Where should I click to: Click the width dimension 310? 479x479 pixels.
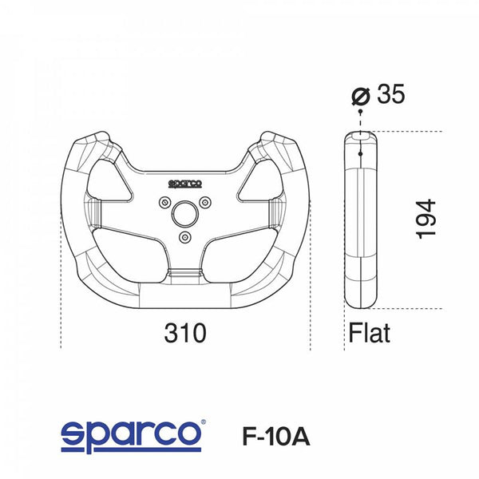click(x=184, y=331)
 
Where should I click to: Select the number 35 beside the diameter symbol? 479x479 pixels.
click(x=390, y=94)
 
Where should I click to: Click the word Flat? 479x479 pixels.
click(x=369, y=332)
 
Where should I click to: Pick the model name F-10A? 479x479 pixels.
click(x=275, y=437)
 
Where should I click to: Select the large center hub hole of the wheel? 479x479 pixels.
click(x=185, y=213)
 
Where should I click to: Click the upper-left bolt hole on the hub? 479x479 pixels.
click(x=165, y=201)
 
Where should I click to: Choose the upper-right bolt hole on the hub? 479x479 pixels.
click(x=205, y=201)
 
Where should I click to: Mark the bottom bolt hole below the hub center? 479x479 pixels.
click(x=185, y=237)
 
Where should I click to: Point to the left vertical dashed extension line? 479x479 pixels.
click(x=61, y=303)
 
